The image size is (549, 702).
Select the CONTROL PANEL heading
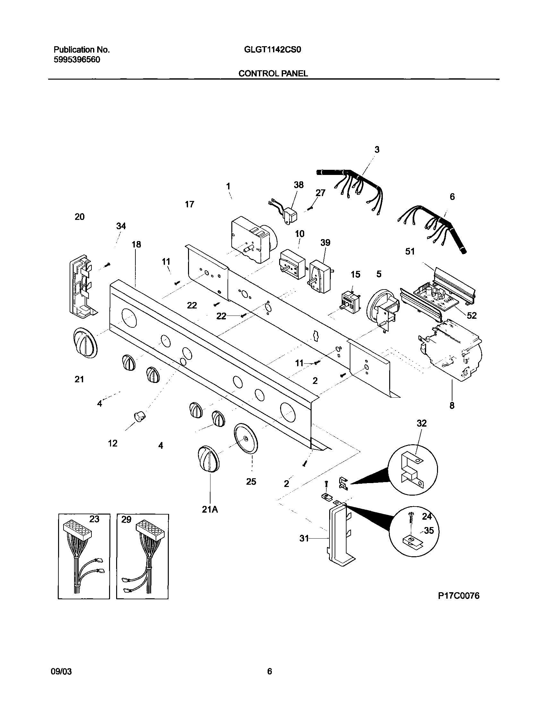coord(273,74)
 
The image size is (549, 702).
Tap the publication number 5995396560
coord(77,60)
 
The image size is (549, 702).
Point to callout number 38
coord(299,185)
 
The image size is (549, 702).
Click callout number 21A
coord(210,509)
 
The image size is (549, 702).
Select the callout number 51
coord(410,251)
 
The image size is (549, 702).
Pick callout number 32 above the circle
coord(421,423)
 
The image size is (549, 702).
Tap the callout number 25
coord(251,481)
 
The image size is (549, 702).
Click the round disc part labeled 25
coord(246,438)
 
